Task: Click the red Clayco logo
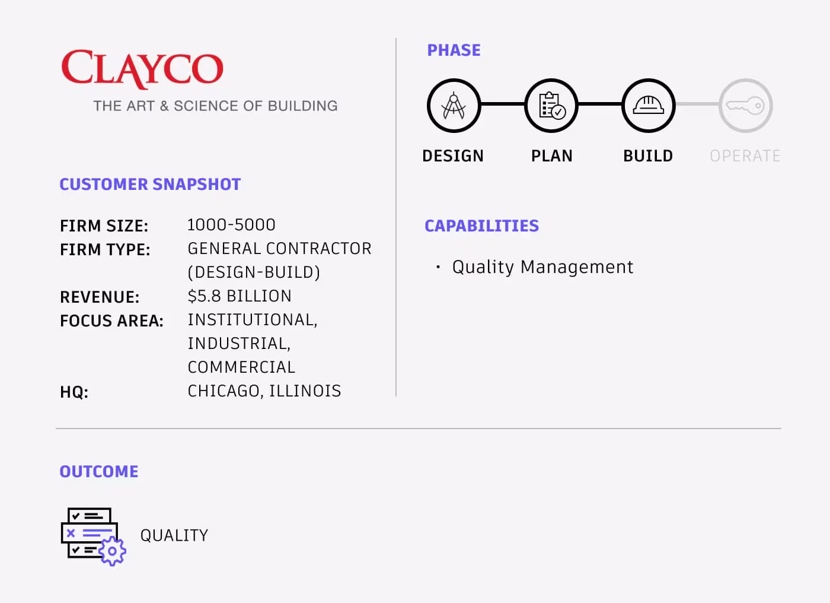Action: pyautogui.click(x=142, y=69)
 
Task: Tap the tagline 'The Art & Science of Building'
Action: pyautogui.click(x=215, y=106)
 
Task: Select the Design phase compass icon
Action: pyautogui.click(x=454, y=106)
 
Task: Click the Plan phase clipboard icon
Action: pyautogui.click(x=551, y=106)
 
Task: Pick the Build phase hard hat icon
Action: pyautogui.click(x=649, y=106)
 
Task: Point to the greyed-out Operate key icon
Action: pyautogui.click(x=746, y=106)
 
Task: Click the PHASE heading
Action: pyautogui.click(x=454, y=50)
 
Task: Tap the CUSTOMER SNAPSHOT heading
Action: pyautogui.click(x=150, y=185)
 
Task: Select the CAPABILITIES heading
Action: pyautogui.click(x=481, y=226)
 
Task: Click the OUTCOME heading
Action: pyautogui.click(x=99, y=472)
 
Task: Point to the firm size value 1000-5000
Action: pyautogui.click(x=231, y=225)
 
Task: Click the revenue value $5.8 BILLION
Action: pyautogui.click(x=240, y=296)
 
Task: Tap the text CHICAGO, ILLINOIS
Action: pyautogui.click(x=264, y=391)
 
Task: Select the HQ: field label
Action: pyautogui.click(x=74, y=392)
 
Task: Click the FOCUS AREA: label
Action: pyautogui.click(x=111, y=320)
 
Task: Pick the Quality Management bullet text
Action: pyautogui.click(x=543, y=268)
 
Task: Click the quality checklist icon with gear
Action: pyautogui.click(x=94, y=537)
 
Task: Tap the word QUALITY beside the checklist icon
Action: pyautogui.click(x=174, y=535)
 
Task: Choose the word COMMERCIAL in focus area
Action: pyautogui.click(x=242, y=367)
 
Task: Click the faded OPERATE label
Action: pyautogui.click(x=745, y=155)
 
